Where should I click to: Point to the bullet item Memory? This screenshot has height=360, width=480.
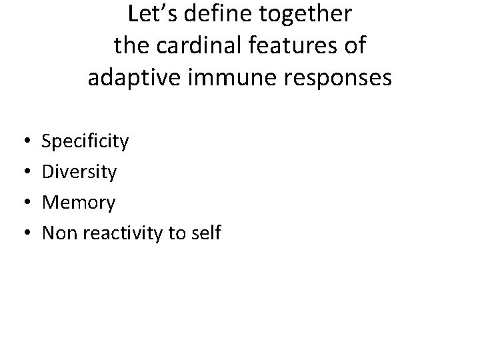79,203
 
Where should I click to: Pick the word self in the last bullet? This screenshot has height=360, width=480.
207,233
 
